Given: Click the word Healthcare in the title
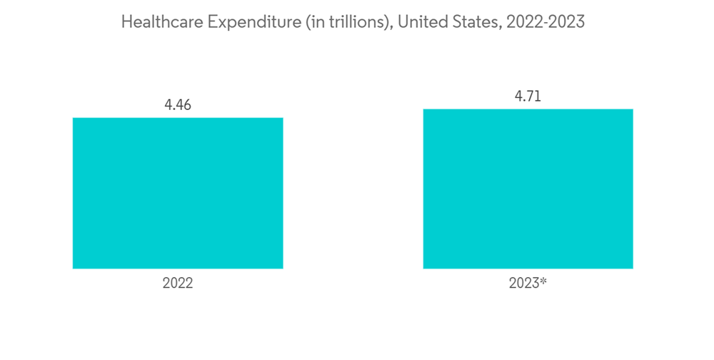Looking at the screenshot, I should tap(161, 22).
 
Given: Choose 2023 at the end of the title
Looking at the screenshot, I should tap(568, 22).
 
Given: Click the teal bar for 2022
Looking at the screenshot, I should tap(178, 193).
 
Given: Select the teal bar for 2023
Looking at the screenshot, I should tap(528, 189).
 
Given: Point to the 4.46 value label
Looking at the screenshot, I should tap(178, 105).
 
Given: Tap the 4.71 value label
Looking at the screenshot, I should tap(528, 96).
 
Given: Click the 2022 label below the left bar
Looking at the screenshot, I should tap(178, 283).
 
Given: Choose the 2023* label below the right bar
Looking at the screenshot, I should tap(528, 283).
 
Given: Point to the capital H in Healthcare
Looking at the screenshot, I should tap(126, 22).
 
